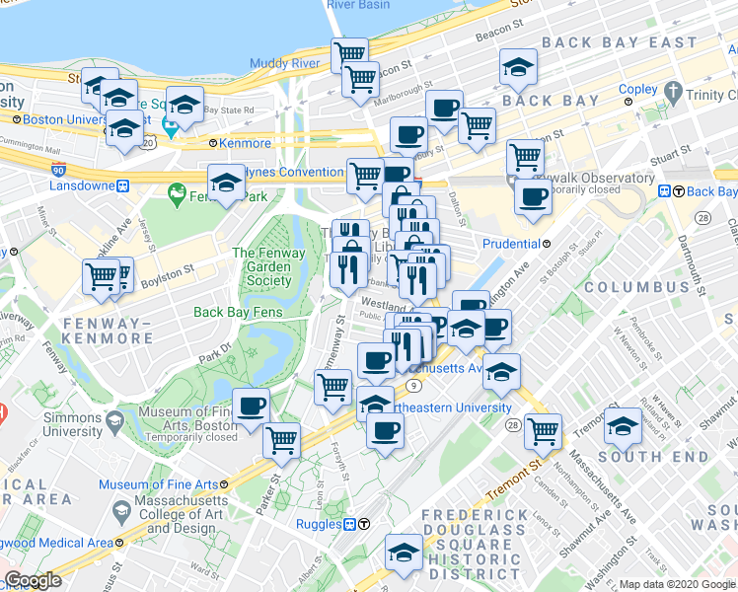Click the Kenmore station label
tap(246, 143)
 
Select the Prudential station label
tap(510, 244)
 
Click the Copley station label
tap(637, 89)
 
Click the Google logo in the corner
tap(34, 580)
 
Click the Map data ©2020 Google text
tap(676, 584)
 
